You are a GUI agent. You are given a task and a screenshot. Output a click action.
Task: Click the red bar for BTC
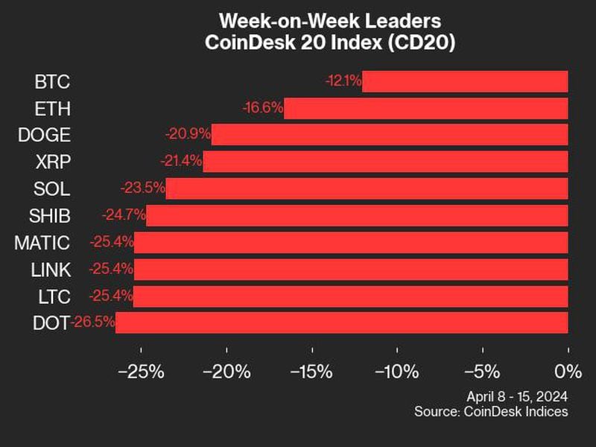(x=465, y=81)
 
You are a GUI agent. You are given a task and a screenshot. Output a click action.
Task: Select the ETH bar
(x=425, y=108)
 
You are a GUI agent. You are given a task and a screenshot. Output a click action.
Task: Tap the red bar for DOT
(x=341, y=323)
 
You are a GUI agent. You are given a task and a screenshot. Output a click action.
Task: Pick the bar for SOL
(x=367, y=188)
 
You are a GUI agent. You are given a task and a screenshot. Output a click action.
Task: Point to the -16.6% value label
(x=263, y=108)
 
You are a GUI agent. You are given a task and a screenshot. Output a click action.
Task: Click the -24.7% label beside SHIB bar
(x=124, y=215)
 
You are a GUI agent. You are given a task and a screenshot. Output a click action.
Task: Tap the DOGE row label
(x=43, y=135)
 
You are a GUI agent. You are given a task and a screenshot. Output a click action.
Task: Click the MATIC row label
(x=42, y=242)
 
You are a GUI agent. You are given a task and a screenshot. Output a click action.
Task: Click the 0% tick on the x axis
(x=568, y=370)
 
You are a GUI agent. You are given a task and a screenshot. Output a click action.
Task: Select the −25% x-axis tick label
(x=142, y=370)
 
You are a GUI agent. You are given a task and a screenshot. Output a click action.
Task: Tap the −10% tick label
(x=397, y=370)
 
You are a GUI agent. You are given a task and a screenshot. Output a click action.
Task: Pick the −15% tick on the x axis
(x=312, y=370)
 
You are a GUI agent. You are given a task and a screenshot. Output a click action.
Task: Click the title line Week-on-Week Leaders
(x=329, y=20)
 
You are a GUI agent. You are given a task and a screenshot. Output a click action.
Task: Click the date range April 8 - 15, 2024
(x=516, y=396)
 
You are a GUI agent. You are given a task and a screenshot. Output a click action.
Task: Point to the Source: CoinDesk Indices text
(x=492, y=411)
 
